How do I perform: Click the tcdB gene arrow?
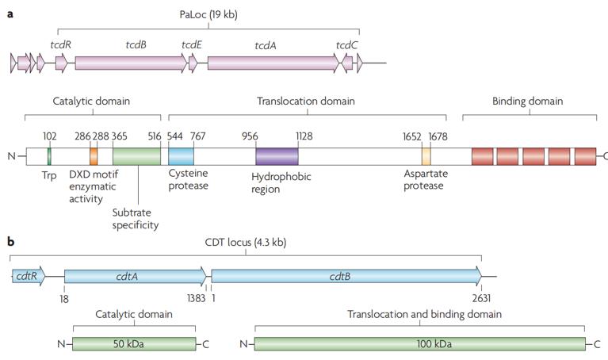(x=131, y=63)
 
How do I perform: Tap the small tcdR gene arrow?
(x=61, y=63)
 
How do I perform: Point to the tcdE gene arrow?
(x=193, y=63)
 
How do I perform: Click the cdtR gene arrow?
(x=29, y=276)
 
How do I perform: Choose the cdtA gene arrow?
(x=135, y=276)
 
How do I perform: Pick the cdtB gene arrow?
(x=346, y=276)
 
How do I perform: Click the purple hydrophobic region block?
(x=277, y=155)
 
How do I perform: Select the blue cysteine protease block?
(x=181, y=155)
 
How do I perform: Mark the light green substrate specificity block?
(x=136, y=155)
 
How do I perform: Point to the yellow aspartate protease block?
(x=426, y=155)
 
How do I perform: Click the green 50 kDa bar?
(x=134, y=343)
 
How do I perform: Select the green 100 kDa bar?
(x=419, y=343)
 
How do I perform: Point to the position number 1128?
(x=304, y=136)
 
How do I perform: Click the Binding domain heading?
(x=527, y=101)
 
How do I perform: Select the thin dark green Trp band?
(x=50, y=155)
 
